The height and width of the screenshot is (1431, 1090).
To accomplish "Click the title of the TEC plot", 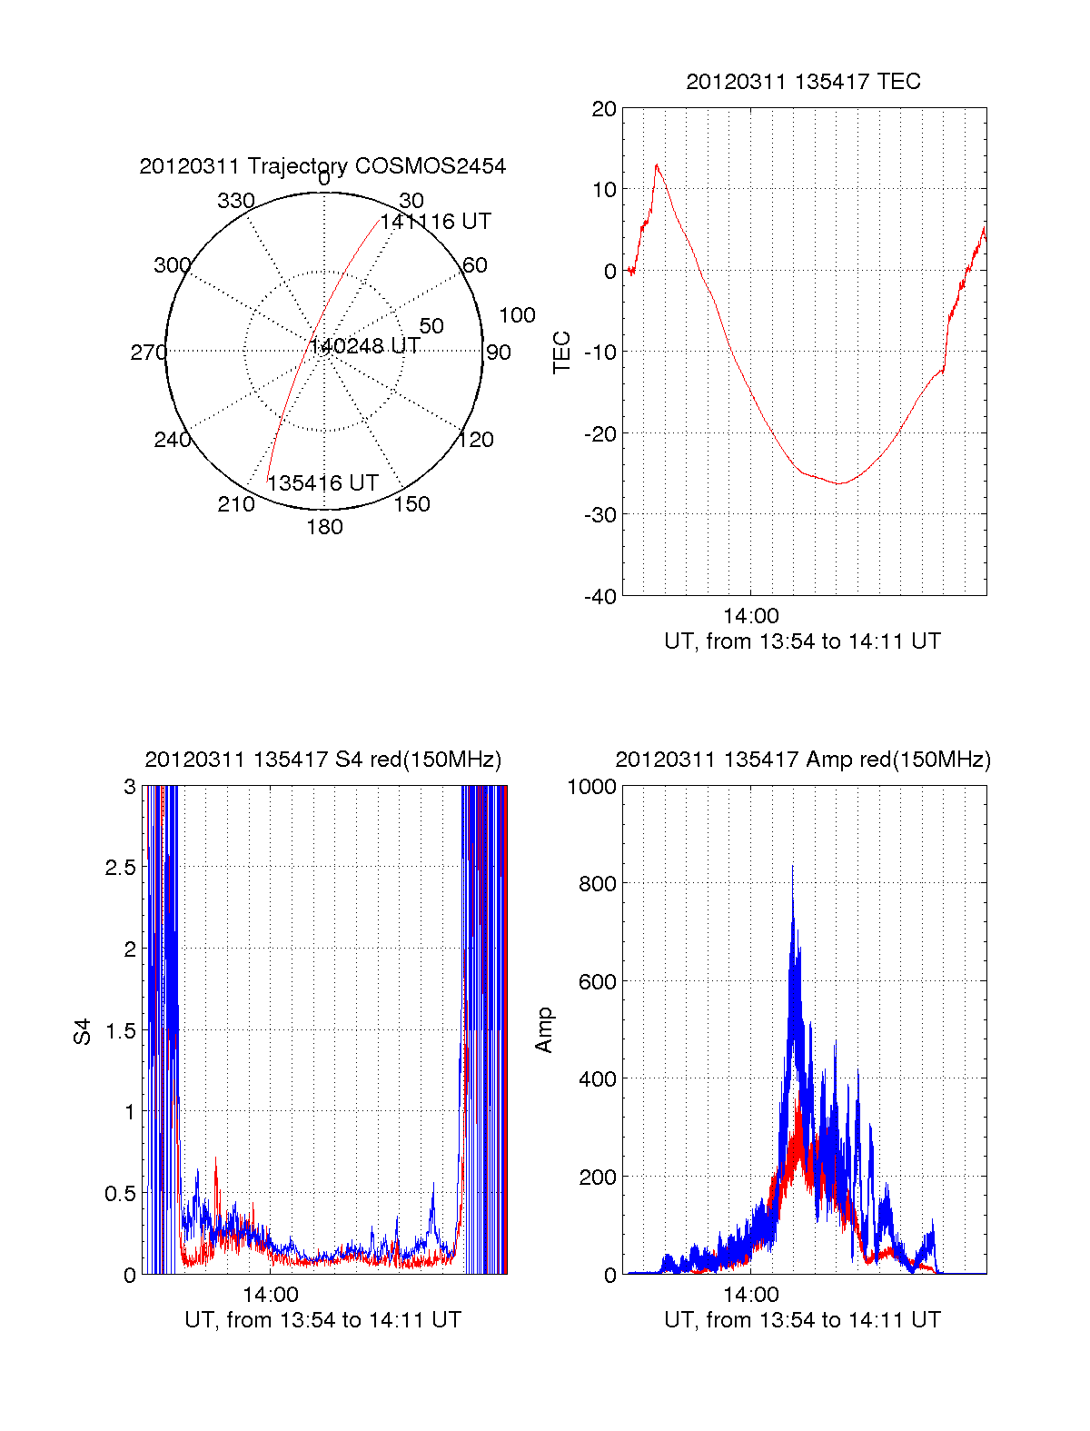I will click(803, 82).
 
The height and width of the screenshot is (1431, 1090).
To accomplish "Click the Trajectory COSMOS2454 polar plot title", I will click(322, 166).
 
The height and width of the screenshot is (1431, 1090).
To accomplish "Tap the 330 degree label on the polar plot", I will click(236, 201).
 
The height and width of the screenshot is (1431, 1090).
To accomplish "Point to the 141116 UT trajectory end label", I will click(436, 222).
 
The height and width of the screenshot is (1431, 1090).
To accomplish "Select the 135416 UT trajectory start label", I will click(322, 483).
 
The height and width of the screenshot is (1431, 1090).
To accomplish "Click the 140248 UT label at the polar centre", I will click(365, 346).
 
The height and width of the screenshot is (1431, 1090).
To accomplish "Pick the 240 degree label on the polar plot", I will click(173, 440).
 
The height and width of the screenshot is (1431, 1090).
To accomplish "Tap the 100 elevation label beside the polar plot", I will click(517, 315).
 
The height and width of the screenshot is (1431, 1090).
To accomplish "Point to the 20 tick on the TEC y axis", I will click(604, 109).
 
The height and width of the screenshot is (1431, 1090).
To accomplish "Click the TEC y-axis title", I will click(562, 353).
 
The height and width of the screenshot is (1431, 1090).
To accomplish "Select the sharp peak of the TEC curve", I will click(657, 165).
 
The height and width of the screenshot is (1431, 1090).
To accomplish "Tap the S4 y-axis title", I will click(83, 1031).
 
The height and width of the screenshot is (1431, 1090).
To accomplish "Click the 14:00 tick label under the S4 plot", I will click(270, 1295).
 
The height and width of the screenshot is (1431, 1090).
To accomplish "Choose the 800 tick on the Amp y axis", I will click(598, 884).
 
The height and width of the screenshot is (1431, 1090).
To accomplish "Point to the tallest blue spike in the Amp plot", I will click(792, 867).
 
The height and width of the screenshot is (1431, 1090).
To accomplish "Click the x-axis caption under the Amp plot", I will click(802, 1320).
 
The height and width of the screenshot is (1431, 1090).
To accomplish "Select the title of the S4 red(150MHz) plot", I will click(322, 760).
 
